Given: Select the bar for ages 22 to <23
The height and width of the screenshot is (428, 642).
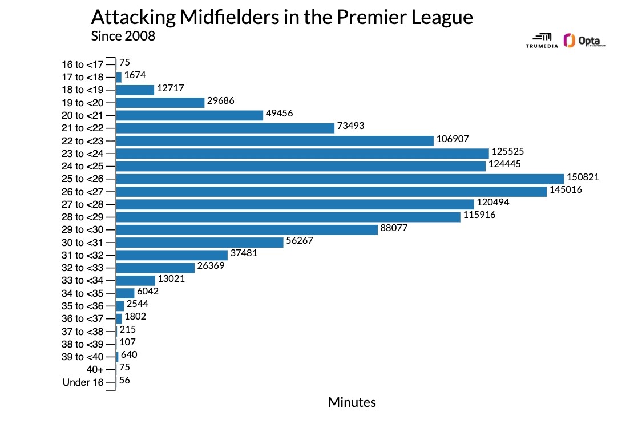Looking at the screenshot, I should pos(275,141).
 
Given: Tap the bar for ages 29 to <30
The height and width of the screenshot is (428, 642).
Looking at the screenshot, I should pos(247,229).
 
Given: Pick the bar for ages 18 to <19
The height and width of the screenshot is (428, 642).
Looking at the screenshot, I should pos(135,90).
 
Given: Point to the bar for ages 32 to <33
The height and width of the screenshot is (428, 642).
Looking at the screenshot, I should pos(155,268).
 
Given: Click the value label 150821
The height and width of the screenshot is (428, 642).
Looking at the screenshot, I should pos(583,177).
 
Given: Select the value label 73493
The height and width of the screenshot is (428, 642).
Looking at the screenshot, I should pos(350,126).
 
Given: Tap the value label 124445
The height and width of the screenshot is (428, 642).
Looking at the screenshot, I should pos(504,164).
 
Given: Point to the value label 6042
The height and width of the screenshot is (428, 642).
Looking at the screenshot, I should pos(148,291).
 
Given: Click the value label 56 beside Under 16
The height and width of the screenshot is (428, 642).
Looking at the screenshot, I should pos(124,380).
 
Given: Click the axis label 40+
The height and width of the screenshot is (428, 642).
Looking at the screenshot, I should pos(91,370).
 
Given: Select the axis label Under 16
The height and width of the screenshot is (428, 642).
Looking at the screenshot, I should pos(83,382).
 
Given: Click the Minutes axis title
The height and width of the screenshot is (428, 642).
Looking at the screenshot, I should pos(352,402).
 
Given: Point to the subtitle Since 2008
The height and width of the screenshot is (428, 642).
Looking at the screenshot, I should pos(123,35).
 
